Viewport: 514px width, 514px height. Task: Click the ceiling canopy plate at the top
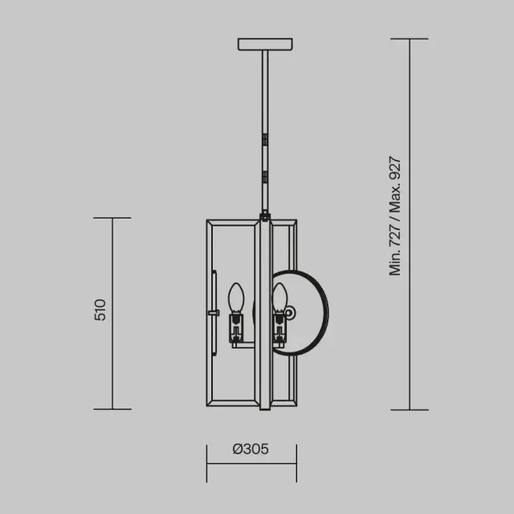coord(265,44)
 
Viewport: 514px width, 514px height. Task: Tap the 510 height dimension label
coord(100,310)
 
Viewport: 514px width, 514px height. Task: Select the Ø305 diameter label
coord(251,449)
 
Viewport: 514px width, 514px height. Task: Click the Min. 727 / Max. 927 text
coord(394,216)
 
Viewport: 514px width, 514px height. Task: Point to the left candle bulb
coord(236,297)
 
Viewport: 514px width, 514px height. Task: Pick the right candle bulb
coord(279,297)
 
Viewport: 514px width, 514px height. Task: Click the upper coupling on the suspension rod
coord(265,139)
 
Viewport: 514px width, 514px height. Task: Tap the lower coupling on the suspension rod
coord(265,177)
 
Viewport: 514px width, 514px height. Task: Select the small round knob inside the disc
coord(290,312)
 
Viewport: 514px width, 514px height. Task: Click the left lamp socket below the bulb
coord(236,328)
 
